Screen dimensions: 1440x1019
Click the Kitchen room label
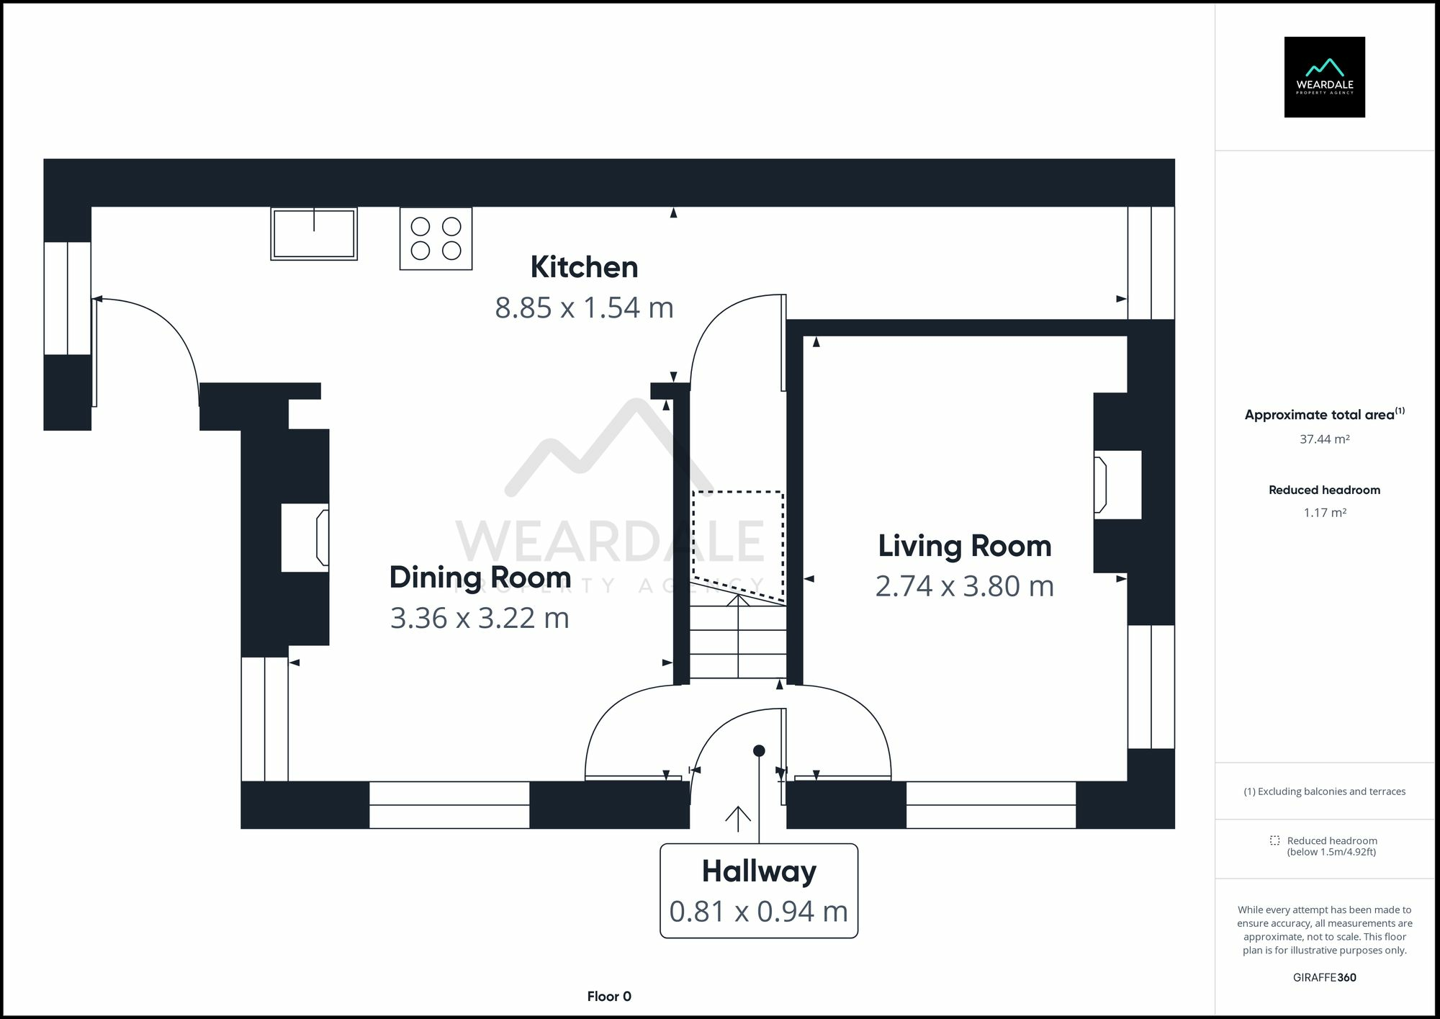[584, 267]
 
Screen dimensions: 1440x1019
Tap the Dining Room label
[480, 578]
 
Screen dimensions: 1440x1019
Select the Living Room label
[965, 546]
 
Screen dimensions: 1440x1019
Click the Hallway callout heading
[759, 872]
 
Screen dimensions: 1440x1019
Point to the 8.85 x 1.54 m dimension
[584, 308]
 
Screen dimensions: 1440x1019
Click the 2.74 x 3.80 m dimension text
[965, 586]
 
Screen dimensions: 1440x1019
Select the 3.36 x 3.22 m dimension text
[480, 618]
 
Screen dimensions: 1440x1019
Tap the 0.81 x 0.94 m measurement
[759, 912]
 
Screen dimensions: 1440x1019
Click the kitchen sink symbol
[314, 233]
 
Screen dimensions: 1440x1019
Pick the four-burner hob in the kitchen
[436, 238]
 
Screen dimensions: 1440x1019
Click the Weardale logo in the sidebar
[1325, 77]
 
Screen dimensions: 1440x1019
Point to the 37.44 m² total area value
[1325, 439]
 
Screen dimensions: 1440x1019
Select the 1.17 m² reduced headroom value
[1325, 513]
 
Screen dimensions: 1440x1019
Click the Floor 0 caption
[609, 997]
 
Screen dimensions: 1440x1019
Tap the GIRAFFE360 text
[1325, 977]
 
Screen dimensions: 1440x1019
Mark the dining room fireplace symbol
[323, 537]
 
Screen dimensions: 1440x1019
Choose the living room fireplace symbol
[1100, 485]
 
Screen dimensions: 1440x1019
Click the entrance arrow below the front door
[738, 814]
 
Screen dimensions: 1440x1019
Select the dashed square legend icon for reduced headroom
[1275, 840]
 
